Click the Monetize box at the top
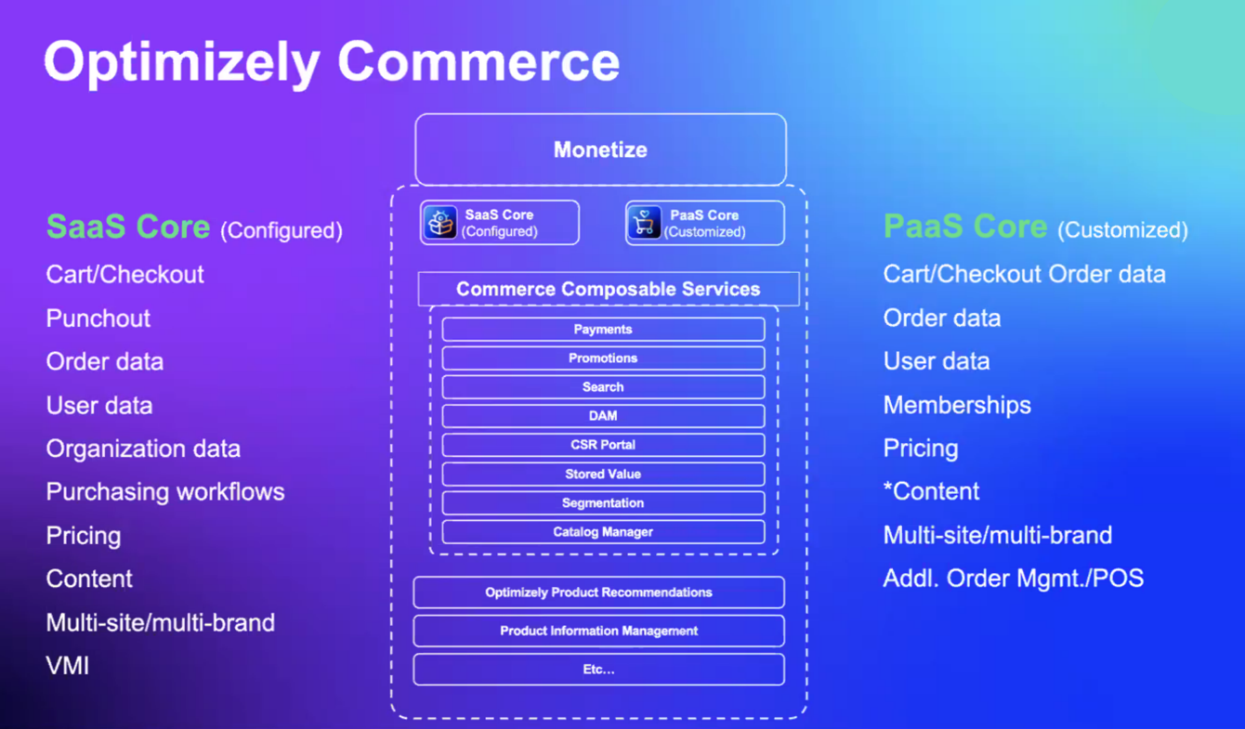coord(600,150)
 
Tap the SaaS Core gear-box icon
coord(441,223)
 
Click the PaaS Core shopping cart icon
coord(644,223)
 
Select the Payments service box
coord(603,330)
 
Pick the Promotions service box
coord(603,358)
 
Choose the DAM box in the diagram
coord(603,416)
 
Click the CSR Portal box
coord(603,445)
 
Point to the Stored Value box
coord(603,475)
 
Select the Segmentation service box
coord(603,503)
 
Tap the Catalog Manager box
coord(603,532)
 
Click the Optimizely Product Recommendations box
coord(598,592)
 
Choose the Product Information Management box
coord(598,631)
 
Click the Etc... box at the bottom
coord(598,670)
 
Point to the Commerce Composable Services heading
coord(608,289)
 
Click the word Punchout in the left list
coord(98,319)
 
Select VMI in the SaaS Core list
coord(68,666)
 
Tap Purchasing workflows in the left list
coord(165,492)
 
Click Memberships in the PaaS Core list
coord(957,405)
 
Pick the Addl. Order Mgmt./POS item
coord(1013,579)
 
